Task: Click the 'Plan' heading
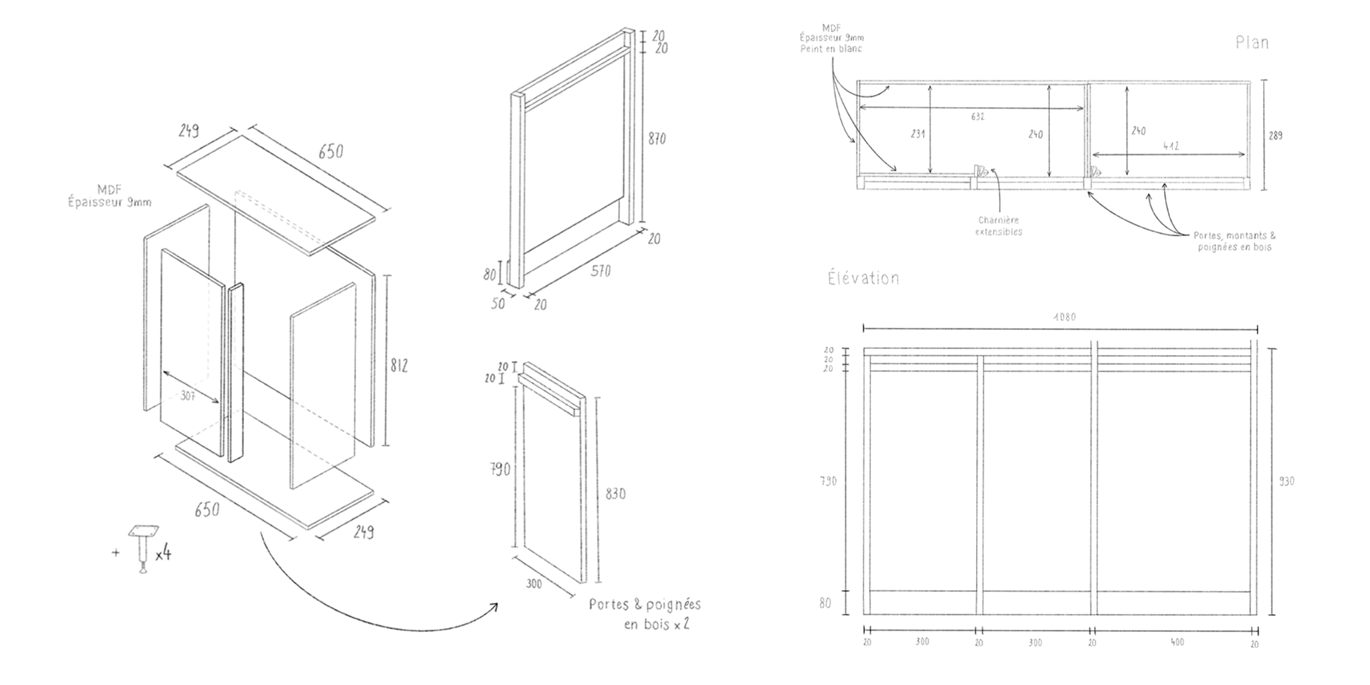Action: tap(1252, 42)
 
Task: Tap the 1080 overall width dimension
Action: tap(1064, 317)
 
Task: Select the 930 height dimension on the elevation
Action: tap(1286, 481)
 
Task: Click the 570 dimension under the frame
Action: tap(600, 271)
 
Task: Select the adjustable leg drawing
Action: tap(143, 548)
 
